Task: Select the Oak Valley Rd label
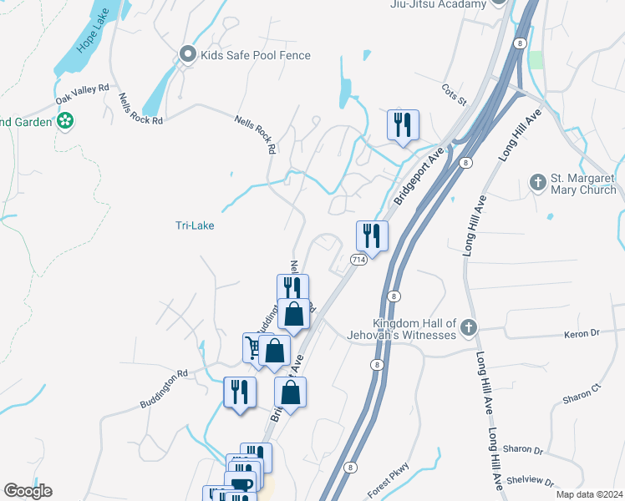(83, 94)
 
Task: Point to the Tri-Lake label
(191, 225)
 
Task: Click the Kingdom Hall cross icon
(469, 327)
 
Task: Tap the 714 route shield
(358, 260)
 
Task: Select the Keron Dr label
(584, 332)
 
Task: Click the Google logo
(28, 491)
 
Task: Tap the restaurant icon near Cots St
(403, 125)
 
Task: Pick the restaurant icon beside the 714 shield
(372, 235)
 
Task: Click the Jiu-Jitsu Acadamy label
(438, 4)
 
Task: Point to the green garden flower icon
(64, 122)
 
